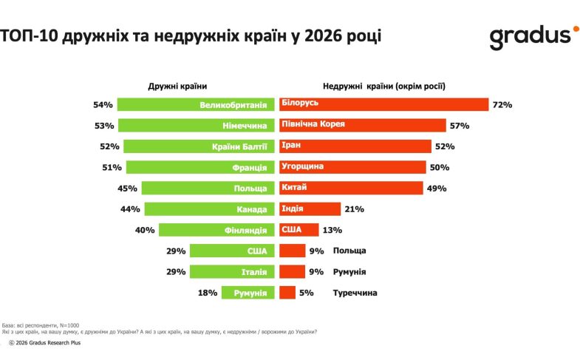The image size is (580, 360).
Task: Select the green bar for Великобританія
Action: [x=195, y=105]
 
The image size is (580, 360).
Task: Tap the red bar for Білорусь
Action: [x=383, y=105]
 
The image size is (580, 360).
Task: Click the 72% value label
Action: [x=502, y=105]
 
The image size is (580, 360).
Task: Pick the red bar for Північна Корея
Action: [x=363, y=126]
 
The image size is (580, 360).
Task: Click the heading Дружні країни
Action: [x=177, y=86]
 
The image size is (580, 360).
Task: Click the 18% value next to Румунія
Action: [x=208, y=293]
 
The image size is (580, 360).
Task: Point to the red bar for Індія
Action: [x=310, y=209]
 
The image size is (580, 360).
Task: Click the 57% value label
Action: [x=460, y=126]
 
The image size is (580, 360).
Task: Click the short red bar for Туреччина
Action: [x=287, y=293]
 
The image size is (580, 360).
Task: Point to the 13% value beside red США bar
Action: [x=331, y=230]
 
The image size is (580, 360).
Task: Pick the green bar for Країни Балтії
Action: [x=199, y=146]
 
